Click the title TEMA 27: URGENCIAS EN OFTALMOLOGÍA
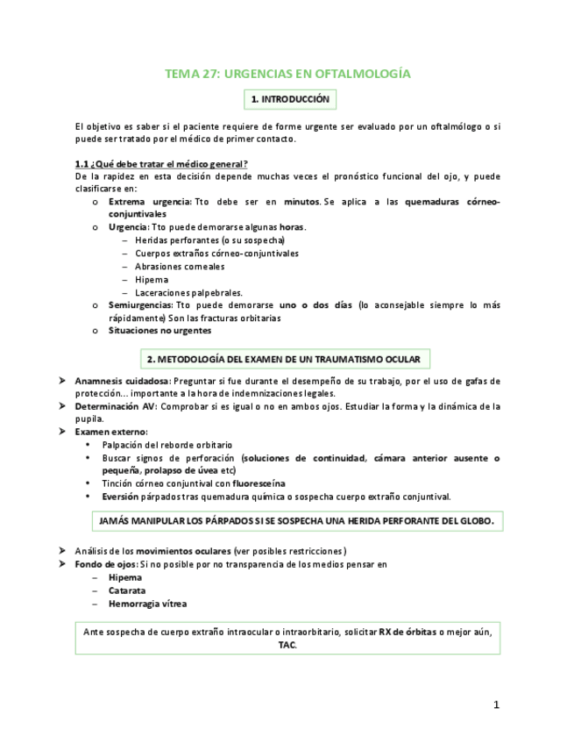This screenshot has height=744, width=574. pos(287,74)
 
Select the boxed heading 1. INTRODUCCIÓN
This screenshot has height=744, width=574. pos(289,100)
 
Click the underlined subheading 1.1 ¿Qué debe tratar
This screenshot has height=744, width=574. pos(161,164)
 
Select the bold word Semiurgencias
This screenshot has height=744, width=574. pos(140,305)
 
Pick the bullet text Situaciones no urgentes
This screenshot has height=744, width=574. pos(159,331)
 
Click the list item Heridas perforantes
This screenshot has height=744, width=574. pos(209,240)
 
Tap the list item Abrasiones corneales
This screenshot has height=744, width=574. pos(180,267)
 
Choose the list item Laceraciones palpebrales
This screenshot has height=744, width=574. pos(188,292)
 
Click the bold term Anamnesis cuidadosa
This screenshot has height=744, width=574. pos(123,382)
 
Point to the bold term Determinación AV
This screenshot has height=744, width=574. pos(116,407)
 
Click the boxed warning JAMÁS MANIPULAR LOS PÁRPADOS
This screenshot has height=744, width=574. pos(296,521)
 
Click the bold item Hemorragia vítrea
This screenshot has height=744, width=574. pos(147,604)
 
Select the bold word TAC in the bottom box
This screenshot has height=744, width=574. pos(287,645)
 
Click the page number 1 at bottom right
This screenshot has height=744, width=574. pos(496,705)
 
